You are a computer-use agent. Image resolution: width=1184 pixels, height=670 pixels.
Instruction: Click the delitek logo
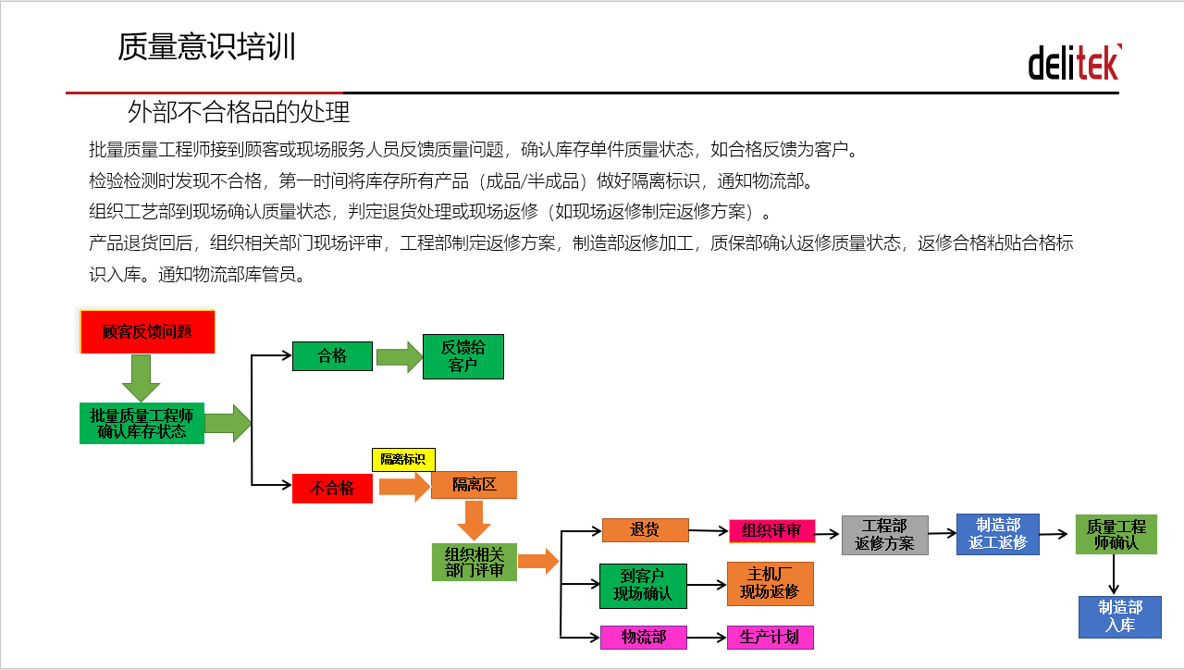(1075, 62)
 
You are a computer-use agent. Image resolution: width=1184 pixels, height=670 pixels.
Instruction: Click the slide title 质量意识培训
(206, 46)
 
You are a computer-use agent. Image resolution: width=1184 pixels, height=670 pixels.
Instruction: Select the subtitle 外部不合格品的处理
(239, 112)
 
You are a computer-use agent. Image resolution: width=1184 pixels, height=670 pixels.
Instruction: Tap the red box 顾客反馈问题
(147, 331)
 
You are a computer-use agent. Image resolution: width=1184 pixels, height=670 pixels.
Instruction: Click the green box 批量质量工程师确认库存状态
(142, 423)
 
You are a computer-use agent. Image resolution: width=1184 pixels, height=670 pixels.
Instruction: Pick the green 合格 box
(332, 356)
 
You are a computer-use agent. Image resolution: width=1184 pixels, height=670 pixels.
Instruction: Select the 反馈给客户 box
(463, 356)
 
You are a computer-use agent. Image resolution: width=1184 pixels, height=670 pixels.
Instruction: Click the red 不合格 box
(332, 488)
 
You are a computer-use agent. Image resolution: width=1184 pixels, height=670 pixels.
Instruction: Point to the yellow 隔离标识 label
(403, 459)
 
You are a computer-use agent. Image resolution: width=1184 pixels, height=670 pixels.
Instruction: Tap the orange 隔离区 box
(475, 484)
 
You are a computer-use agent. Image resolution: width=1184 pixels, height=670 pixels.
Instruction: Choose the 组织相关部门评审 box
(475, 562)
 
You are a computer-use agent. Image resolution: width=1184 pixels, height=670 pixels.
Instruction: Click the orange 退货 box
(646, 530)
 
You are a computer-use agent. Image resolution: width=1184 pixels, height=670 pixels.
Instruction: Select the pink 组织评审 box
(771, 531)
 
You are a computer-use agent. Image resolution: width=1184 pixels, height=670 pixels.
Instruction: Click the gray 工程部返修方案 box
(885, 535)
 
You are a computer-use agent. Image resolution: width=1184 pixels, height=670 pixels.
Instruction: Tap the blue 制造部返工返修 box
(998, 534)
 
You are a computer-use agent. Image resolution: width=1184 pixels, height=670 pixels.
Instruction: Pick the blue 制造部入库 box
(1120, 617)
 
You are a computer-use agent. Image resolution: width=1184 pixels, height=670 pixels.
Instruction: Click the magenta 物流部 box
(643, 638)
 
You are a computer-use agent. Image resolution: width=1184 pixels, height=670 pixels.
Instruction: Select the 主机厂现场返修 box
(771, 584)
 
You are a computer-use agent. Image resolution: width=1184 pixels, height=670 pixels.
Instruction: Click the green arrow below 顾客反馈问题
(142, 378)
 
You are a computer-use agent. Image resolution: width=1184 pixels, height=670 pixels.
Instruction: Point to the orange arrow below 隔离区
(475, 520)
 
